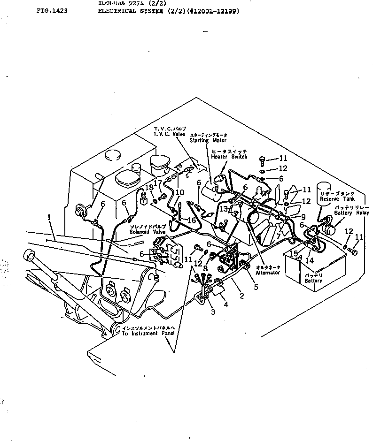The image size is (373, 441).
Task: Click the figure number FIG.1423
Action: [51, 10]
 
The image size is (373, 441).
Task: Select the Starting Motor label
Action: [208, 140]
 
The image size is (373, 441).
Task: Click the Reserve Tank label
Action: [333, 199]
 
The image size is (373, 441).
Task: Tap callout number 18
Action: [149, 188]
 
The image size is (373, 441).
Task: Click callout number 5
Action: [256, 287]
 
